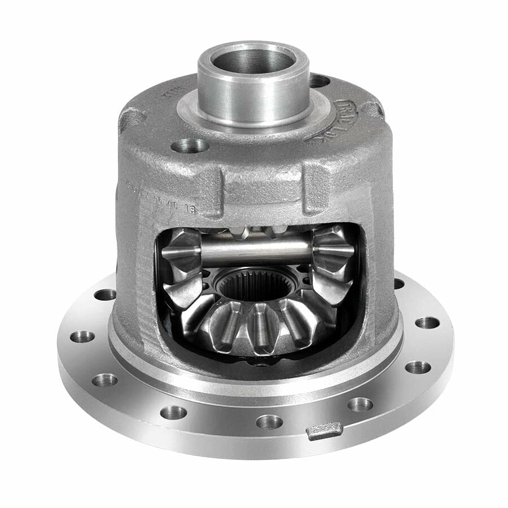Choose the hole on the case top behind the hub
(319, 81)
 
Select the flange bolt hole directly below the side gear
(269, 421)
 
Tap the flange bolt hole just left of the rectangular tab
(269, 421)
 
